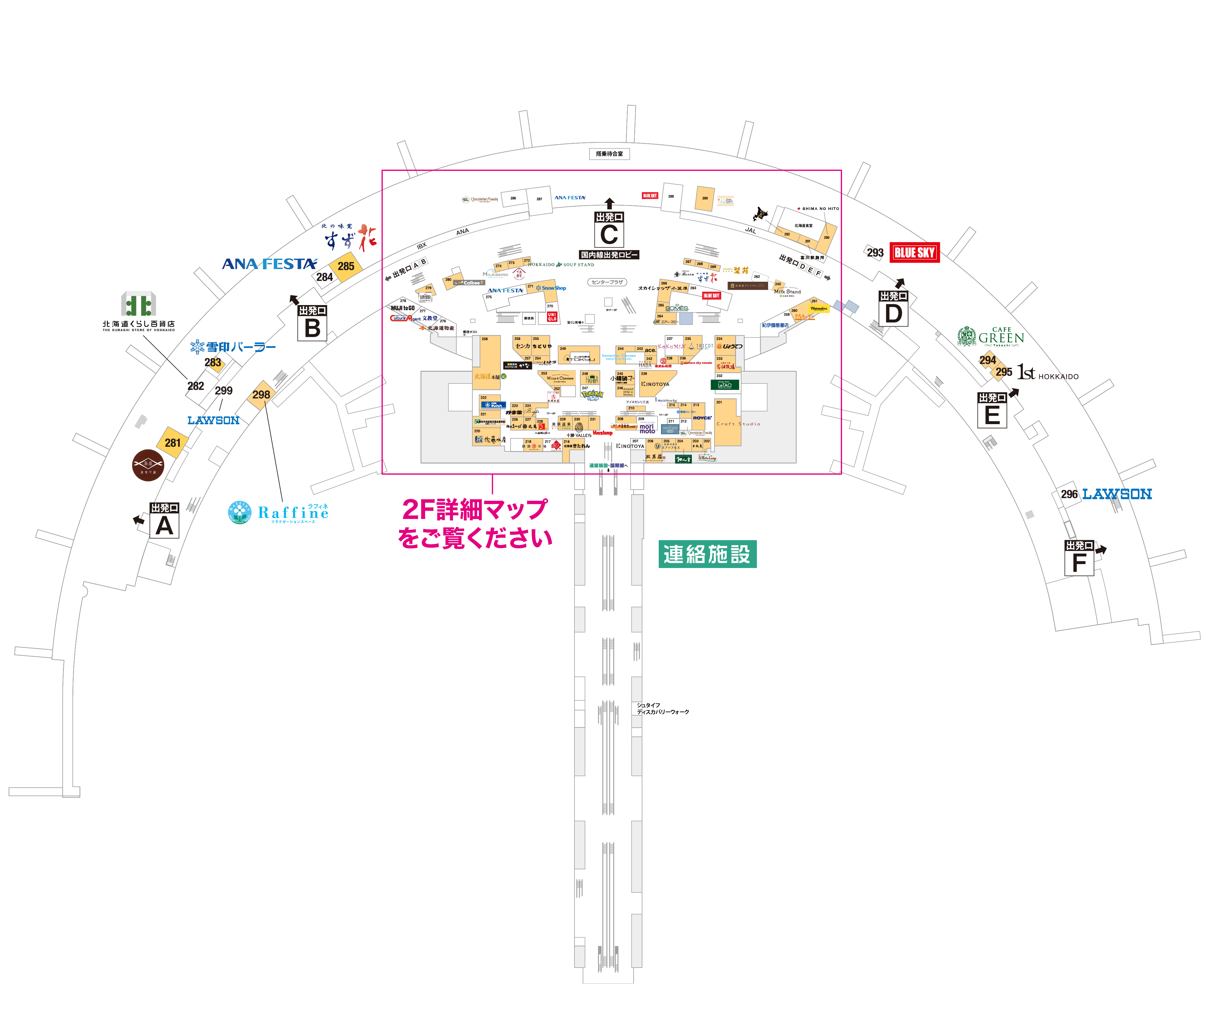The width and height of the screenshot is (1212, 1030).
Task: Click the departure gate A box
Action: pyautogui.click(x=164, y=520)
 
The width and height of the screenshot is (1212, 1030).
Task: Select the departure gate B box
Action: pyautogui.click(x=312, y=323)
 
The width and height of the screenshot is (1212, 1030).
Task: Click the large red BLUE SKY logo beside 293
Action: pyautogui.click(x=914, y=252)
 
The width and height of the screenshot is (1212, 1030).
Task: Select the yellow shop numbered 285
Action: pyautogui.click(x=346, y=266)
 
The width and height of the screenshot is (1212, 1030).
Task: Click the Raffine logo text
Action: pyautogui.click(x=293, y=513)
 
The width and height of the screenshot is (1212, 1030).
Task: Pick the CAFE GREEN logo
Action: pyautogui.click(x=991, y=336)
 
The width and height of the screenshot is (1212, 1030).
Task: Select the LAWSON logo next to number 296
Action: pyautogui.click(x=1117, y=494)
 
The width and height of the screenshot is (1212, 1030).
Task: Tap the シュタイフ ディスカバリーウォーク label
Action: pyautogui.click(x=662, y=708)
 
